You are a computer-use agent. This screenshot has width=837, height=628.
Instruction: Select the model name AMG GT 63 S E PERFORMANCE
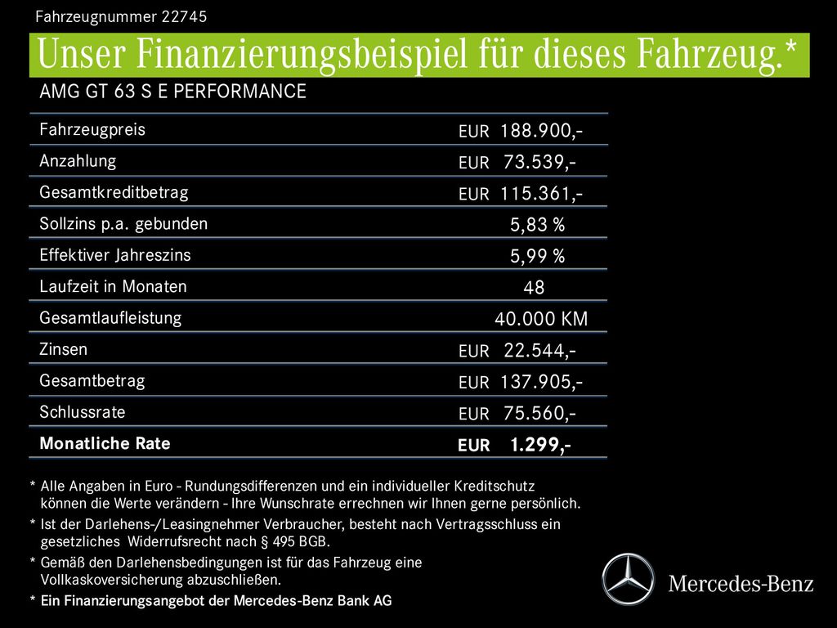pyautogui.click(x=172, y=92)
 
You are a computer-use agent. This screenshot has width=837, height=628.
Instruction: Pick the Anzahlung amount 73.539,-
pyautogui.click(x=539, y=162)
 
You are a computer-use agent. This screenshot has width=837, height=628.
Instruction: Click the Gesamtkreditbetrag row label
pyautogui.click(x=114, y=193)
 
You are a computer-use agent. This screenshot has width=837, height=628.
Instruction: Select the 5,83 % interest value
pyautogui.click(x=537, y=225)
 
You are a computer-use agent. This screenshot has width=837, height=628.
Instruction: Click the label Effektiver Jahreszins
pyautogui.click(x=115, y=255)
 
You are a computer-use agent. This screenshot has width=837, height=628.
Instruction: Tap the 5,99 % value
pyautogui.click(x=537, y=257)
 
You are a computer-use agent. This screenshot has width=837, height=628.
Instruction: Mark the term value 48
pyautogui.click(x=534, y=288)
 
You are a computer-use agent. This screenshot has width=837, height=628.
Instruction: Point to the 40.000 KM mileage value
pyautogui.click(x=541, y=319)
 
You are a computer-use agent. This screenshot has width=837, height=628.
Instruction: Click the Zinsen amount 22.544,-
pyautogui.click(x=539, y=351)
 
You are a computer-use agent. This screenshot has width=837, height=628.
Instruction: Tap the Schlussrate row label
pyautogui.click(x=83, y=412)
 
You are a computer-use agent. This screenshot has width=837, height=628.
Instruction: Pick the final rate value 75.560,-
pyautogui.click(x=539, y=414)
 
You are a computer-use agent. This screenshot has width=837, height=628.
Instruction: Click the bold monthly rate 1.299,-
pyautogui.click(x=539, y=445)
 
